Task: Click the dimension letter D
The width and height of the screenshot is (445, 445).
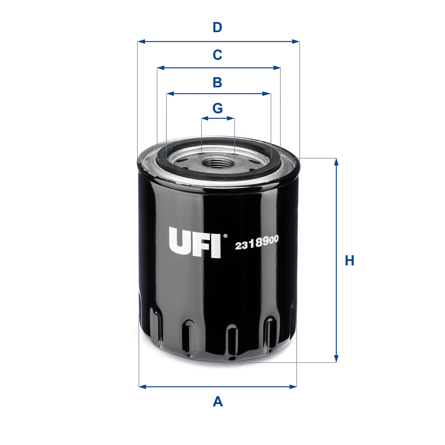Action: (217, 27)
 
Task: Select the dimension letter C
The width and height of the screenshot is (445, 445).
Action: (217, 55)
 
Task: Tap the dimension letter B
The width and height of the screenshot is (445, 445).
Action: (217, 82)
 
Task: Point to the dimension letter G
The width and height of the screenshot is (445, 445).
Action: (218, 108)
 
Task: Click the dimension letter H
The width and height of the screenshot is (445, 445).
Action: (349, 261)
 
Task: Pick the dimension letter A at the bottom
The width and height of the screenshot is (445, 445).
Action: (218, 401)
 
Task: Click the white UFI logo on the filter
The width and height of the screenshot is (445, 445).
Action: (195, 242)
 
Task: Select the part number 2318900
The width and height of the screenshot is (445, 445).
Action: (257, 243)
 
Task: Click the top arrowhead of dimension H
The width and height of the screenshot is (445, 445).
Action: (336, 162)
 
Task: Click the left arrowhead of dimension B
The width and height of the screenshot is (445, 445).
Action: (170, 94)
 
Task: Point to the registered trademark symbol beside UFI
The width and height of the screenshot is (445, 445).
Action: (225, 236)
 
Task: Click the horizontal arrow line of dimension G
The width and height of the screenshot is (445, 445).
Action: (218, 118)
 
